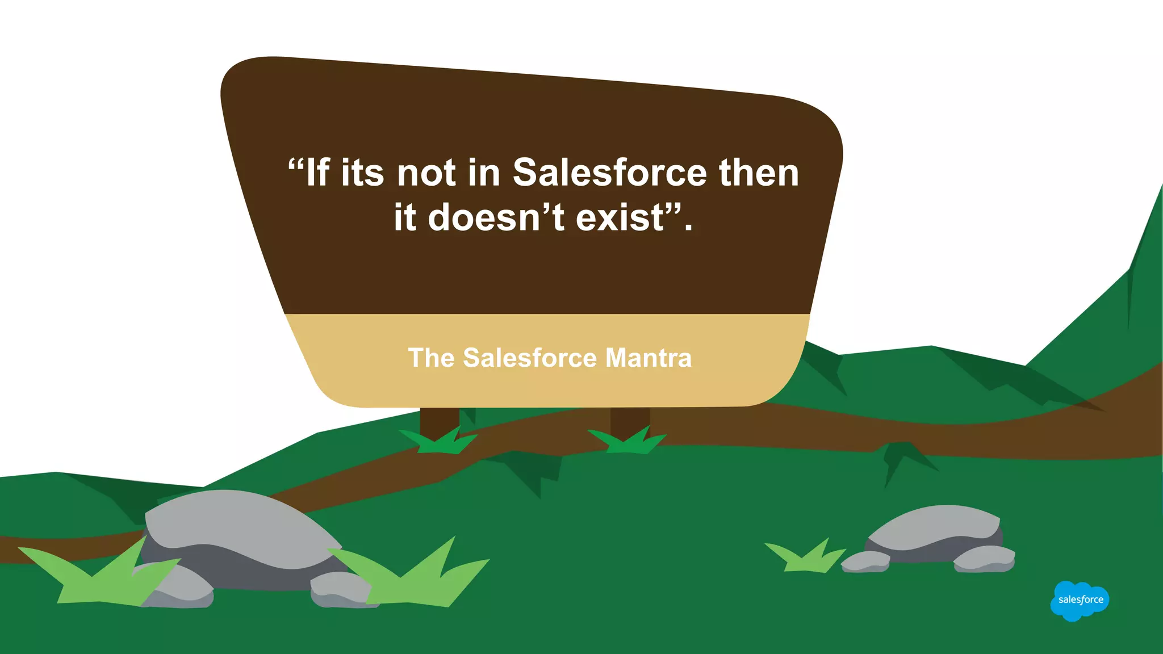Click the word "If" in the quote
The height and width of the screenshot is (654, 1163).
click(x=318, y=173)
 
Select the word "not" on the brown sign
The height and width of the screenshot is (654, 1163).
click(x=426, y=173)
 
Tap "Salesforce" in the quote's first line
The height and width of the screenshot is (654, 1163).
click(x=610, y=173)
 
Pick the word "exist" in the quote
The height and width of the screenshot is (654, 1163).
click(x=620, y=217)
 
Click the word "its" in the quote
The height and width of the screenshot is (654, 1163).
click(x=362, y=173)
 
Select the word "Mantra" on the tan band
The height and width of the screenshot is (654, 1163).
click(x=649, y=358)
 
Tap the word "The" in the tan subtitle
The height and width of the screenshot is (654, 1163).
click(x=431, y=358)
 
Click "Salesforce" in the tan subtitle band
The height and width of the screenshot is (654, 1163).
click(x=530, y=358)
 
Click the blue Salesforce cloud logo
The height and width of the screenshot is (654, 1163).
click(x=1080, y=600)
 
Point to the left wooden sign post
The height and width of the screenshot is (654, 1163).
click(x=439, y=423)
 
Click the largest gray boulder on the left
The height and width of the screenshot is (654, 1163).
click(x=239, y=534)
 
